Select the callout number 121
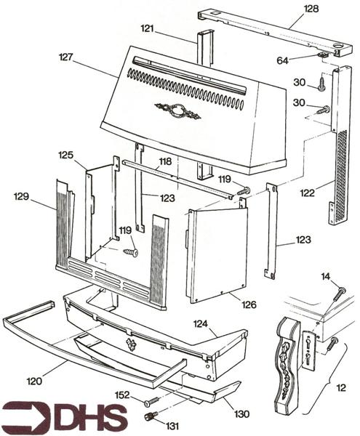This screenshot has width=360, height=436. (x=148, y=28)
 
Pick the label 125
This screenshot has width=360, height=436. (x=66, y=155)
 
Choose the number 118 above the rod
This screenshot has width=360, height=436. (x=166, y=161)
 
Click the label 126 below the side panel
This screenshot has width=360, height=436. (x=249, y=304)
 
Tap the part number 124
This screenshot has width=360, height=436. (x=201, y=322)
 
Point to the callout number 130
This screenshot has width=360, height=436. (x=242, y=414)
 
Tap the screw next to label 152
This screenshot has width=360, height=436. (x=152, y=401)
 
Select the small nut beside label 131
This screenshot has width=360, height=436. (x=151, y=416)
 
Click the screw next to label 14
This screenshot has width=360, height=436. (x=339, y=294)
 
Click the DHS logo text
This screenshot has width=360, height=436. (x=65, y=417)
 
